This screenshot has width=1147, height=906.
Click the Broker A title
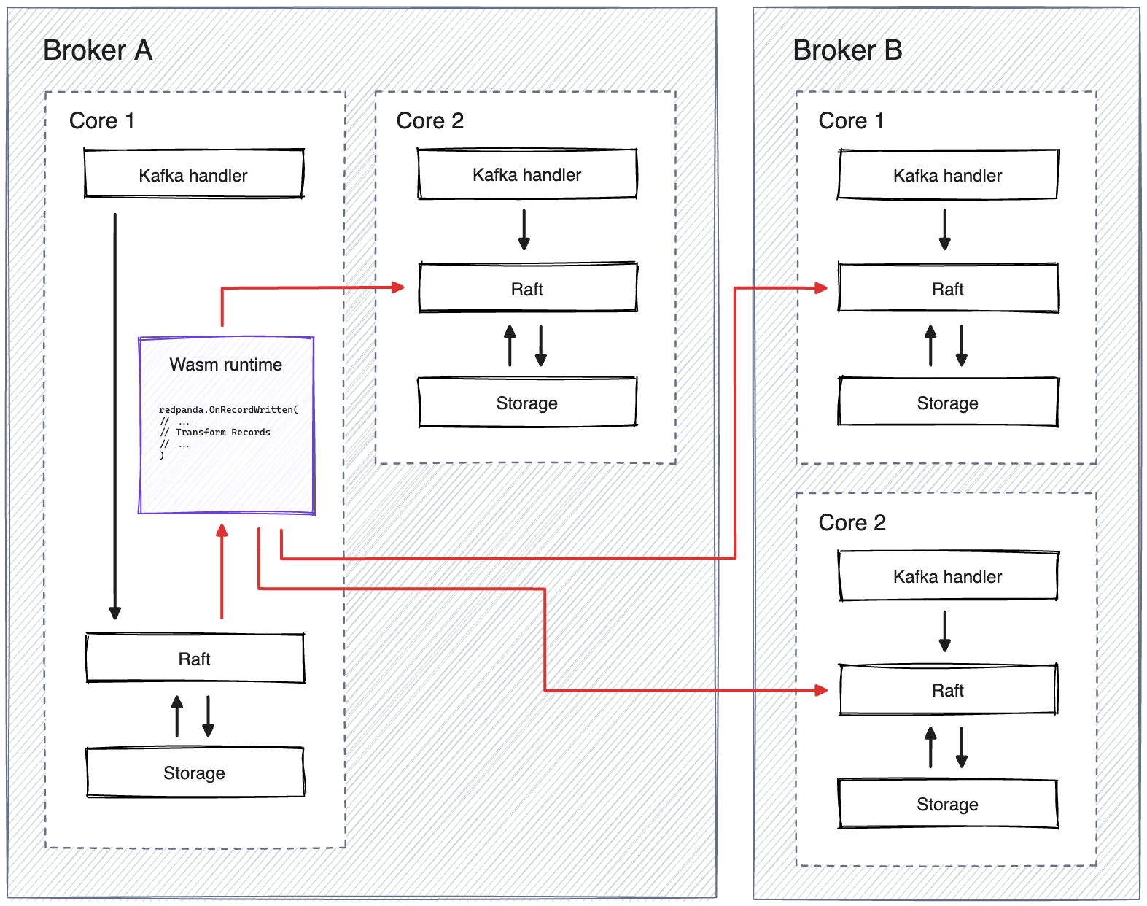tap(98, 50)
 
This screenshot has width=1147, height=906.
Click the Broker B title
tap(847, 50)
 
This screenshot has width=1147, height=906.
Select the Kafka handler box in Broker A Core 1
tap(193, 174)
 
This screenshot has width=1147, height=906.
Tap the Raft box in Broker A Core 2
tap(527, 288)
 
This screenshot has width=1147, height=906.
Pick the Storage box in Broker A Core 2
tap(527, 402)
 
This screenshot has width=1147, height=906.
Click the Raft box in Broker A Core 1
tap(195, 659)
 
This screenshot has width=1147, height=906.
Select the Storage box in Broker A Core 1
tap(195, 773)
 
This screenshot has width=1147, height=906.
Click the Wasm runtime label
tap(226, 365)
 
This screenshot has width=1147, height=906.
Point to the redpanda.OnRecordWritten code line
tap(228, 410)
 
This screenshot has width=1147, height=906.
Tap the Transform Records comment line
tap(222, 433)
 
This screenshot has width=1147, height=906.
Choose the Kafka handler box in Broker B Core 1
tap(947, 174)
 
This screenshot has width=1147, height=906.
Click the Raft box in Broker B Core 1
tap(947, 289)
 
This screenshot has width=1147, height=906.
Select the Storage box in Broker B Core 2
tap(947, 804)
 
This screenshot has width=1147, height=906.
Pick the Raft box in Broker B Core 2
tap(947, 690)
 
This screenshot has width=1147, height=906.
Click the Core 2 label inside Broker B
tap(852, 522)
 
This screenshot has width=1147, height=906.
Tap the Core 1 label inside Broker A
tap(102, 120)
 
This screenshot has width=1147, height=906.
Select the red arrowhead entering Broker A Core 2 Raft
tap(398, 287)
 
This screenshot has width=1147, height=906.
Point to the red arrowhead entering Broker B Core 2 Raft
tap(821, 690)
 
